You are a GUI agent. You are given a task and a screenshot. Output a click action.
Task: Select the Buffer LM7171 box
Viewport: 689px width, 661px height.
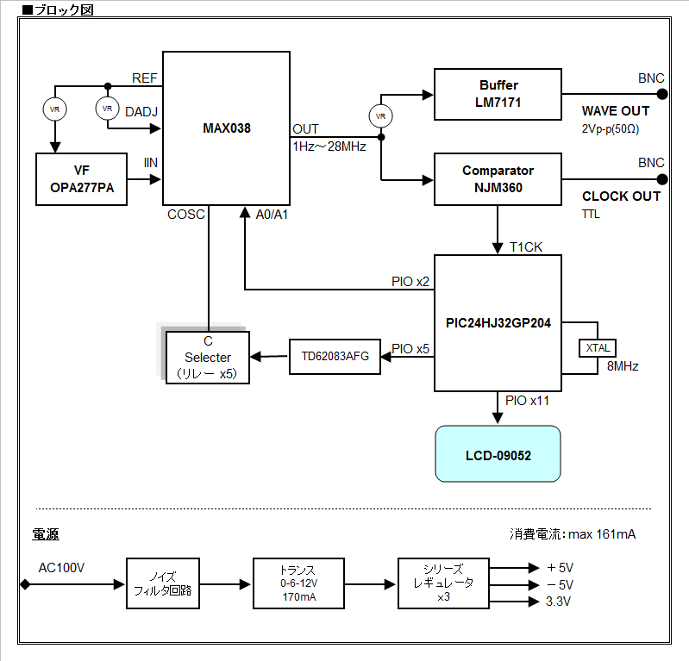tap(498, 95)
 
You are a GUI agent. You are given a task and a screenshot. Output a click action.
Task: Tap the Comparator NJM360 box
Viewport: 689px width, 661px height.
tap(498, 179)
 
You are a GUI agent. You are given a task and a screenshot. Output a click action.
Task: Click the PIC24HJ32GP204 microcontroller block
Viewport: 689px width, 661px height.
tap(498, 323)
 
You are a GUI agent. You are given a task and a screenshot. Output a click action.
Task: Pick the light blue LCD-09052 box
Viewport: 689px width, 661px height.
tap(498, 453)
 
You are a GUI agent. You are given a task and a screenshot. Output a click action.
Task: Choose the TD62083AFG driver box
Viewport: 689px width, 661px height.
tap(335, 356)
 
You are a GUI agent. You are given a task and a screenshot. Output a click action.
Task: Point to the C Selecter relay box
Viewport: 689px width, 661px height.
tap(207, 357)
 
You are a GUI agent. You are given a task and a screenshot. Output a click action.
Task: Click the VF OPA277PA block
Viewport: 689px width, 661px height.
tap(82, 179)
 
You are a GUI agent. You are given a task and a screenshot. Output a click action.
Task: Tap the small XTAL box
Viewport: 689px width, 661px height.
tap(598, 347)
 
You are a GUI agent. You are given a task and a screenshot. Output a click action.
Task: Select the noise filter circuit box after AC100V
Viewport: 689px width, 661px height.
tap(163, 584)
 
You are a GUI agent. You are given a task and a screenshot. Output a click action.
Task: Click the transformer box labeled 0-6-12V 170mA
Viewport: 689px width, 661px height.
tap(298, 584)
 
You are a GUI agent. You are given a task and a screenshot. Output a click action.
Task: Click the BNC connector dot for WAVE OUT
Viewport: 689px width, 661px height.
tap(662, 95)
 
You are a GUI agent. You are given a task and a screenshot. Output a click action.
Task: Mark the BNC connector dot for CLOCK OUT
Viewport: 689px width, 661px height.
tap(662, 179)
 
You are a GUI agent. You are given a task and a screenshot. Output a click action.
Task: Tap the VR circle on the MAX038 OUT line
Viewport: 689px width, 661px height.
tap(380, 115)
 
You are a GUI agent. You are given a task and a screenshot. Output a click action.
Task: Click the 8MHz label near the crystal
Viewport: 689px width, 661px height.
tap(623, 367)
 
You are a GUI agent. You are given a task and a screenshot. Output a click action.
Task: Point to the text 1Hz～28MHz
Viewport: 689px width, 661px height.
tap(329, 147)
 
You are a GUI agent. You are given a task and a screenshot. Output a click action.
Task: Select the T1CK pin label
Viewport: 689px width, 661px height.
tap(526, 247)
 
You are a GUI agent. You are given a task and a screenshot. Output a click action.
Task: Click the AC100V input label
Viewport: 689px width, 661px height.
tap(62, 568)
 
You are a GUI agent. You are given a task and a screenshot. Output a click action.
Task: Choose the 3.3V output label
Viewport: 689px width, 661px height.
tap(559, 602)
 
